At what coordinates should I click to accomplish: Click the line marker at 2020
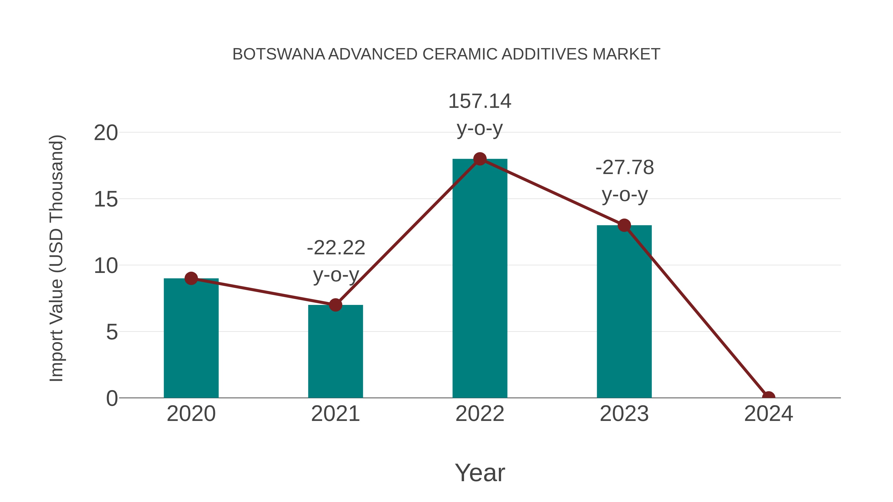(191, 278)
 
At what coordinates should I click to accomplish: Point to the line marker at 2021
(335, 305)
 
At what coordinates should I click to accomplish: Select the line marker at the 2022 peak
(480, 159)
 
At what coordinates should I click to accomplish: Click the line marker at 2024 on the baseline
(768, 397)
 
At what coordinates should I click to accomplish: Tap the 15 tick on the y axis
(106, 200)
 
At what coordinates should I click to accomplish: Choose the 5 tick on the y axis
(112, 332)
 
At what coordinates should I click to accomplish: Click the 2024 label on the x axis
(768, 414)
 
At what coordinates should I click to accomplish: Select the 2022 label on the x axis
(480, 414)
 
